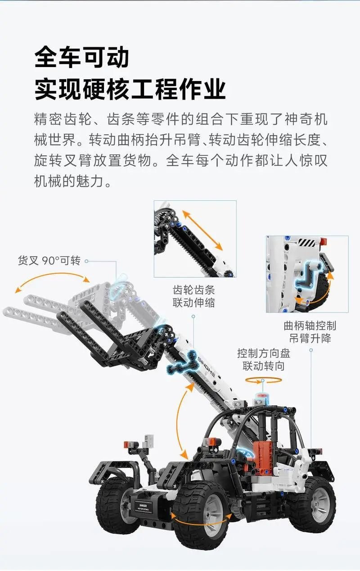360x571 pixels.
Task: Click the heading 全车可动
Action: (x=81, y=57)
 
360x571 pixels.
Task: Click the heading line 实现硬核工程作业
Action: (x=130, y=89)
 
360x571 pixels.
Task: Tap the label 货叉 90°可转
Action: (x=49, y=261)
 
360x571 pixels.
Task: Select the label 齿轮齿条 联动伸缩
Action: (x=193, y=296)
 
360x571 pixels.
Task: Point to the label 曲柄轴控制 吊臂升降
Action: (x=310, y=332)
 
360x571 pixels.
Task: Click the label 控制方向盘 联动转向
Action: (x=264, y=360)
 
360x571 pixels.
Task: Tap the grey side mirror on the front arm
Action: (x=148, y=440)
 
